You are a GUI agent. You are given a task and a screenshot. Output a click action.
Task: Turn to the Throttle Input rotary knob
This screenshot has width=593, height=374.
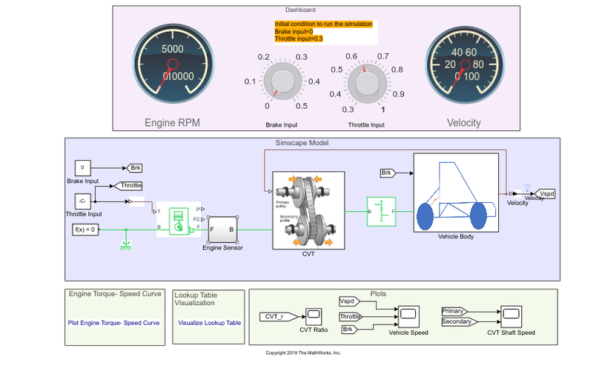(365, 81)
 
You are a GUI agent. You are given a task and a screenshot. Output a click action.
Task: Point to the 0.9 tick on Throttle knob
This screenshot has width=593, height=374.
(397, 94)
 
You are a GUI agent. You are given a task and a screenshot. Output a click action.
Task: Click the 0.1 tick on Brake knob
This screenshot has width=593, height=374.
(251, 81)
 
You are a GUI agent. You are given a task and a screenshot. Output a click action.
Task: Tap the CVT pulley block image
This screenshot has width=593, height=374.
(308, 210)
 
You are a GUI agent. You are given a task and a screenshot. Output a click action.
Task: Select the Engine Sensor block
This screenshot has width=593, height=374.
(222, 230)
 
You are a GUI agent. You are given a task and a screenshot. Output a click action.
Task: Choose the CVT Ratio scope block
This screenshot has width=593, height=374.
(313, 316)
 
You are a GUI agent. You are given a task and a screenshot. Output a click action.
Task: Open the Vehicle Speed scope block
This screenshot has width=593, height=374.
(408, 316)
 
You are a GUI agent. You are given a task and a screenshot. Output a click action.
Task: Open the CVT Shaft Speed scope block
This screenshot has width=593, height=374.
(511, 316)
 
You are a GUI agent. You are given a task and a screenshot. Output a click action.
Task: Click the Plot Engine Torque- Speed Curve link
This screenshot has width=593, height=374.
(113, 323)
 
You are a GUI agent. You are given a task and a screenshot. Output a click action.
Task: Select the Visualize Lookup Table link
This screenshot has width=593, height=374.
(209, 323)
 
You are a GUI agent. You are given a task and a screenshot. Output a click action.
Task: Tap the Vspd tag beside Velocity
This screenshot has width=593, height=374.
(545, 194)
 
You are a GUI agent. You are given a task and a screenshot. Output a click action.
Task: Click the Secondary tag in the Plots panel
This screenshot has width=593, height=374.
(456, 322)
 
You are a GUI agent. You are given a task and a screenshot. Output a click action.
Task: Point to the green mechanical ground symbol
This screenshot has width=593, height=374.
(127, 244)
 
